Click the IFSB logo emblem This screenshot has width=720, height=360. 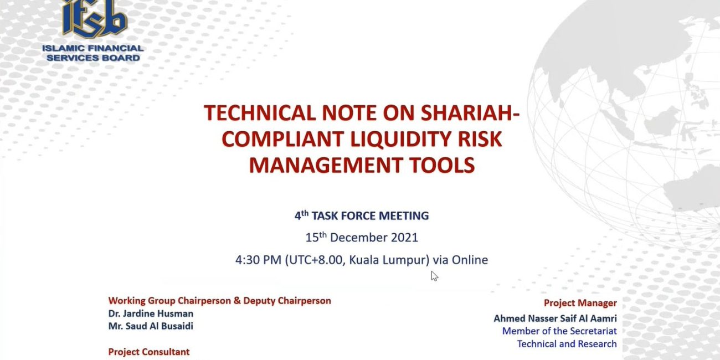[x=95, y=19]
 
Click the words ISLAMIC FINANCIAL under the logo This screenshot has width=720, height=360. [x=93, y=48]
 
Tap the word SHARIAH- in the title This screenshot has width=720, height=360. [x=470, y=113]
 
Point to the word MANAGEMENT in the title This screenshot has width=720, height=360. [x=326, y=165]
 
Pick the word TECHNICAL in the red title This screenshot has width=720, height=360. [x=260, y=113]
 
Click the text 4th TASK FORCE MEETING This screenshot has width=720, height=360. [x=362, y=215]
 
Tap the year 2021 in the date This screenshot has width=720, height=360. [x=404, y=238]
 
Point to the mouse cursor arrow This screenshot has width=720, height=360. [x=435, y=276]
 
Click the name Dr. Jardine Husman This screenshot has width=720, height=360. [x=151, y=313]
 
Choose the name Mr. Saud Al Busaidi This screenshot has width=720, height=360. [x=151, y=326]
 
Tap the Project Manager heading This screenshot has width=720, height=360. [x=580, y=303]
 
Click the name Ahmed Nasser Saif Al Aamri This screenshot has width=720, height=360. [x=555, y=318]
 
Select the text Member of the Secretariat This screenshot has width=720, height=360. [x=559, y=331]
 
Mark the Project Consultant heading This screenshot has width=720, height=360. [x=149, y=352]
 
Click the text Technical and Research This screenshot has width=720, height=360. [x=567, y=344]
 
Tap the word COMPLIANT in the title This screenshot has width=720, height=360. [x=283, y=139]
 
